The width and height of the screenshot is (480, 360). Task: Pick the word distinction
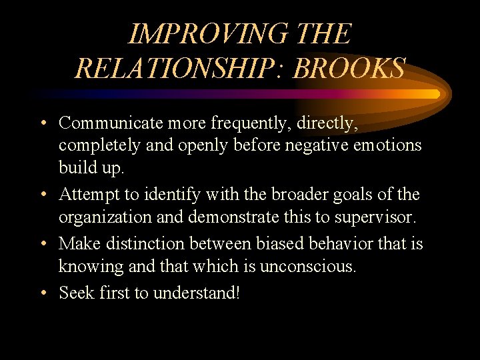click(x=147, y=244)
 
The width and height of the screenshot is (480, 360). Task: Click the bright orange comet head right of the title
click(x=433, y=93)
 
